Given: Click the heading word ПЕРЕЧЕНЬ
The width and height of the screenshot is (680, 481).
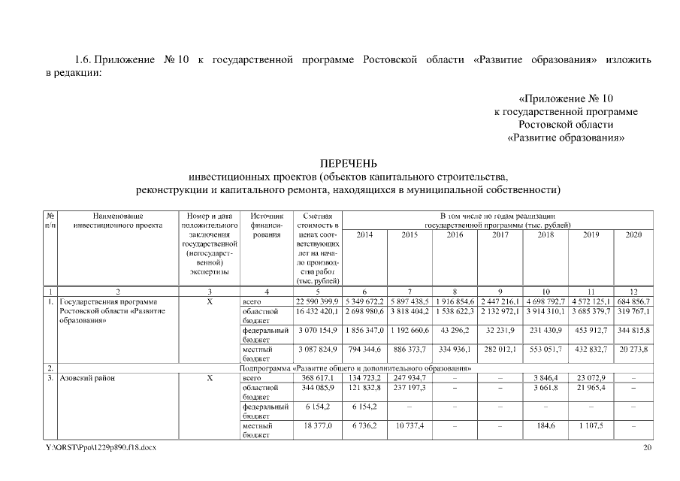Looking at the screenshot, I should pyautogui.click(x=348, y=163).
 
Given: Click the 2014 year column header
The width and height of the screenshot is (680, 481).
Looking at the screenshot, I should pyautogui.click(x=364, y=234).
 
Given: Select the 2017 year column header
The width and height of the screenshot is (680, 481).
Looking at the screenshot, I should pyautogui.click(x=500, y=234).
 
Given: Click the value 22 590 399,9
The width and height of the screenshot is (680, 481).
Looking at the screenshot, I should pyautogui.click(x=316, y=301).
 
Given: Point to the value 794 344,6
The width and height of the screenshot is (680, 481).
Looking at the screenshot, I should pyautogui.click(x=364, y=349).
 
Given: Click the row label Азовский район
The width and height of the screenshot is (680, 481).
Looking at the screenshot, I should pyautogui.click(x=88, y=378).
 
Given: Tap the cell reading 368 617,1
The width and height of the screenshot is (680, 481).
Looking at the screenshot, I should pyautogui.click(x=316, y=378).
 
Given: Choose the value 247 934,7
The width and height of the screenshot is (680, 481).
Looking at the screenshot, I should pyautogui.click(x=410, y=378).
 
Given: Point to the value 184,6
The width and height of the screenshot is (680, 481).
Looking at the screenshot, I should pyautogui.click(x=545, y=425).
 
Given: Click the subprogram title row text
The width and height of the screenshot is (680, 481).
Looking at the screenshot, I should pyautogui.click(x=355, y=368).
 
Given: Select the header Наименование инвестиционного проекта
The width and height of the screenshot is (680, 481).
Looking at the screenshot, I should pyautogui.click(x=114, y=220).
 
